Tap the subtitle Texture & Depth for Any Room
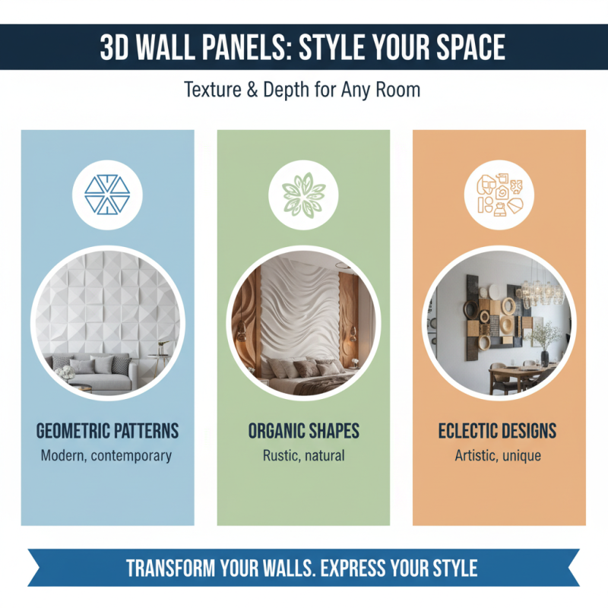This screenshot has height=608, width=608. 302,90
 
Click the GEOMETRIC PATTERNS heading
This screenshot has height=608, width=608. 107,431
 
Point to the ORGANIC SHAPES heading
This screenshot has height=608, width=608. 303,431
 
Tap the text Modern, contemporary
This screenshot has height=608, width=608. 107,456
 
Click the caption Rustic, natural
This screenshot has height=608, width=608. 303,456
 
